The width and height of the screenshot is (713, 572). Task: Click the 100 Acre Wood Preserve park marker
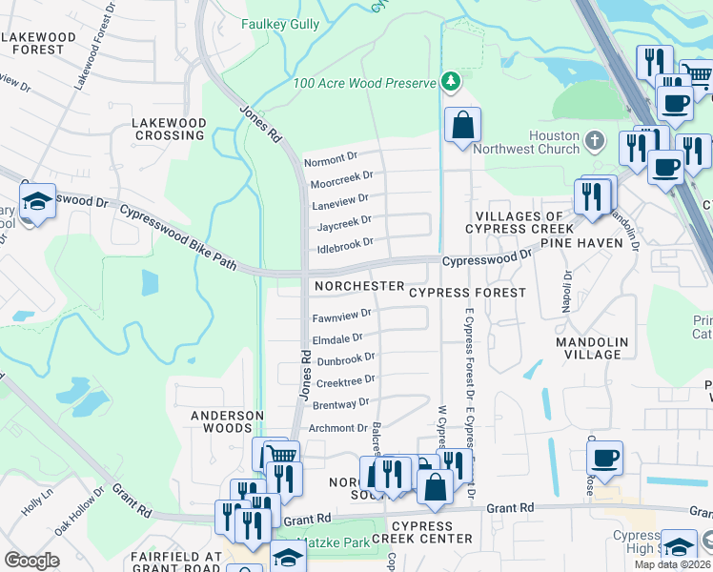[450, 83]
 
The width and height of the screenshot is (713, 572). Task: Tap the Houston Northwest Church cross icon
[595, 141]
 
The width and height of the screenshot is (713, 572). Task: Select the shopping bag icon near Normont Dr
[462, 125]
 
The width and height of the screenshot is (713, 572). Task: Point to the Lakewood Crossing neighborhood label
[169, 130]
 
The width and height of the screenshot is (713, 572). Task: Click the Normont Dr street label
[330, 159]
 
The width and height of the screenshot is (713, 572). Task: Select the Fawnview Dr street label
[341, 317]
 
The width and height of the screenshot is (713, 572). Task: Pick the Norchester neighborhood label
[355, 286]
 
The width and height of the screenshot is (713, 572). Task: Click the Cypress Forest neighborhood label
[467, 293]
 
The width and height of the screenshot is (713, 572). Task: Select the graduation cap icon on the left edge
[37, 202]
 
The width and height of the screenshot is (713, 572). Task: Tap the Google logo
[32, 561]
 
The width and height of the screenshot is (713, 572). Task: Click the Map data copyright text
[673, 564]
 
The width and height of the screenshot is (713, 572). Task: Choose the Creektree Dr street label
[341, 382]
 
